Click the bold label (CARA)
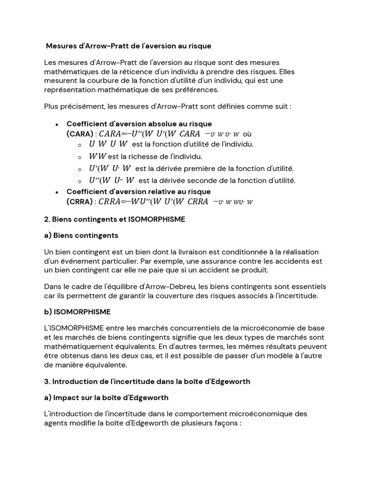[x=79, y=133]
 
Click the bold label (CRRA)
[x=79, y=201]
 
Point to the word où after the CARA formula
[x=247, y=134]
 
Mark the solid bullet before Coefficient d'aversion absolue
[x=58, y=124]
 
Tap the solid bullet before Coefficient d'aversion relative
[x=58, y=192]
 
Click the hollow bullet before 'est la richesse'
[x=79, y=157]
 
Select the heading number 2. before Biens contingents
[x=47, y=219]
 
